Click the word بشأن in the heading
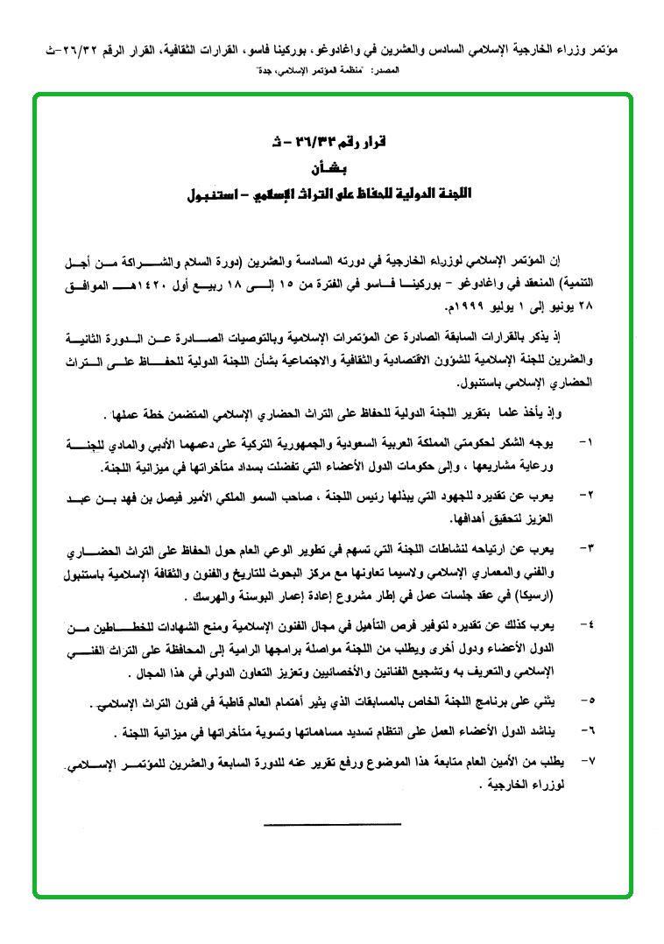(333, 166)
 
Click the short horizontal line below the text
(332, 824)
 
